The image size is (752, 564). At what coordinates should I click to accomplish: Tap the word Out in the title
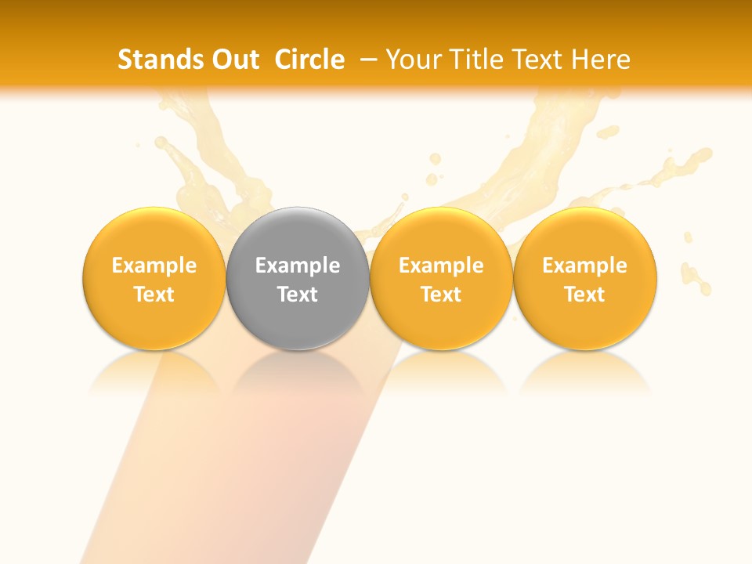[234, 60]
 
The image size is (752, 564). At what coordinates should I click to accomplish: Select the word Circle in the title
[309, 60]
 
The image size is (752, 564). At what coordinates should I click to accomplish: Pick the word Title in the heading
[473, 60]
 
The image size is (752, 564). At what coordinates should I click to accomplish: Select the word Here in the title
[601, 60]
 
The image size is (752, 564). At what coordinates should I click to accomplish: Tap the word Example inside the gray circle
[298, 266]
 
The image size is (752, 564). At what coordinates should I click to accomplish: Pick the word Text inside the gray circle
[298, 295]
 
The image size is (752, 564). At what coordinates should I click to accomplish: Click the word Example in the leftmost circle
[154, 266]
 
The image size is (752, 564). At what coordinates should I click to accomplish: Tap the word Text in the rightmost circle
[585, 295]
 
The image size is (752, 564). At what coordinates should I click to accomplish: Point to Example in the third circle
[441, 266]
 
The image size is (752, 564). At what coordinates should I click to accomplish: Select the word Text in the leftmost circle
[154, 295]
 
